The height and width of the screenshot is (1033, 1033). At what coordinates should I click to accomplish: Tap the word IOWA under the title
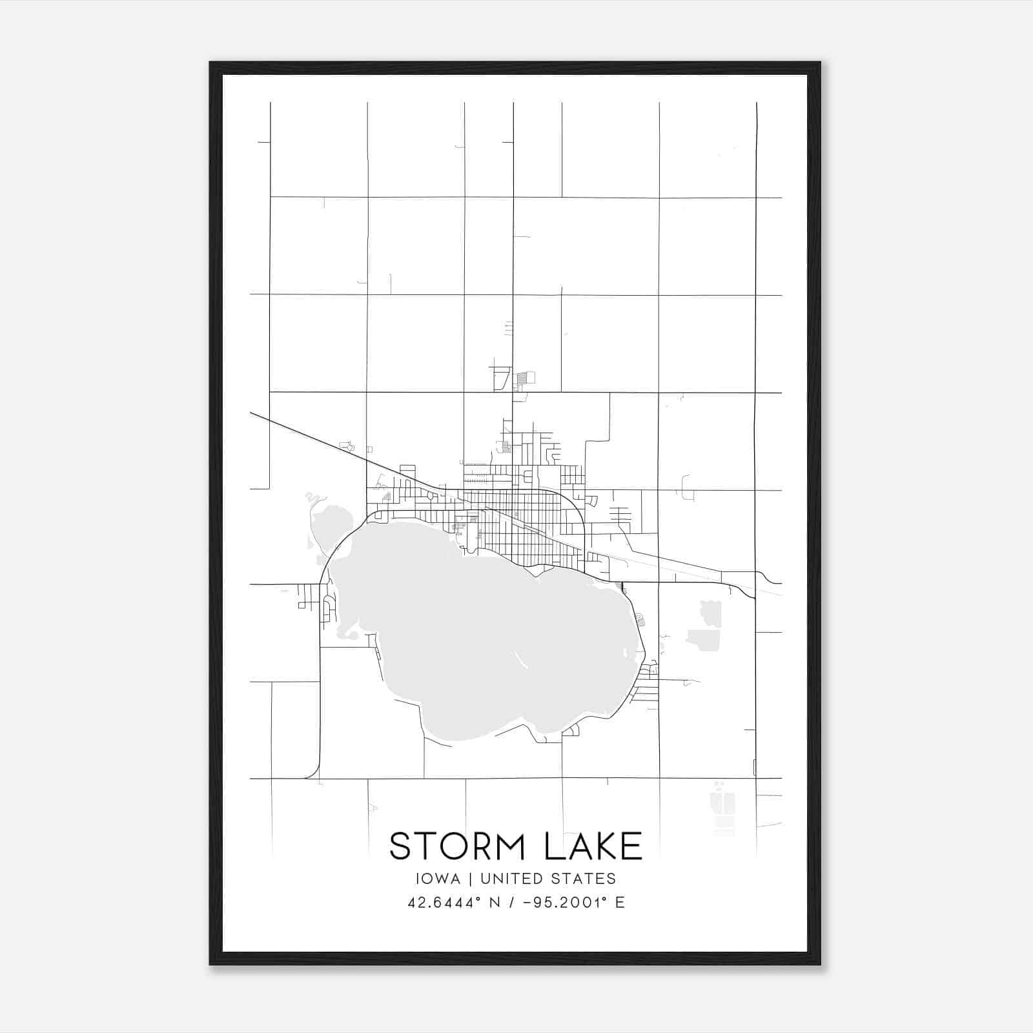pyautogui.click(x=438, y=879)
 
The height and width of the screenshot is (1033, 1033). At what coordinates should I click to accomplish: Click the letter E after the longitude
pyautogui.click(x=620, y=903)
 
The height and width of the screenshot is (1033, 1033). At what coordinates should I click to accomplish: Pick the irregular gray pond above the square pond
pyautogui.click(x=711, y=611)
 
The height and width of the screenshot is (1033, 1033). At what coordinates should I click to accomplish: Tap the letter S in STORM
pyautogui.click(x=401, y=846)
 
